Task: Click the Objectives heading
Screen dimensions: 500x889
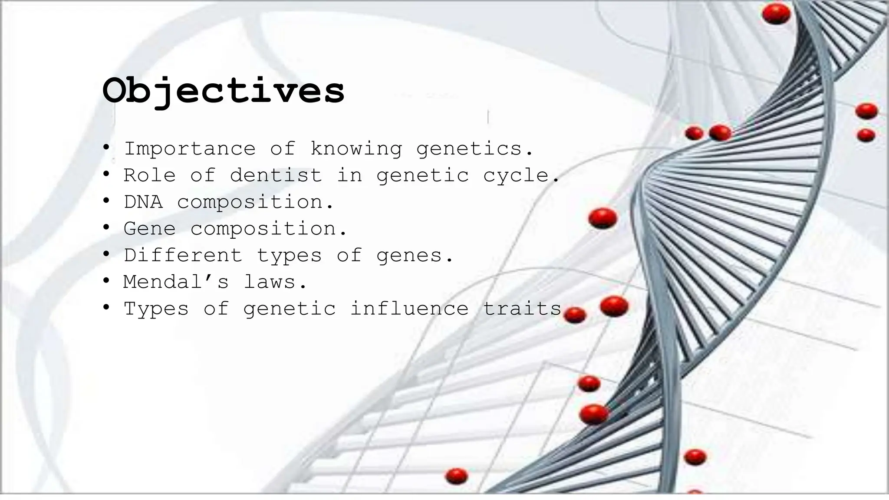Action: click(223, 91)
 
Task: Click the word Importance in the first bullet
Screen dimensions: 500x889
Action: click(190, 149)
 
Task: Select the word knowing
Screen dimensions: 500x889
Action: click(356, 149)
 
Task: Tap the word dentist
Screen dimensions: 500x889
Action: click(276, 175)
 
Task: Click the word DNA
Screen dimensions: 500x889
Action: click(143, 202)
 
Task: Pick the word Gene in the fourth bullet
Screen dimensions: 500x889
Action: click(150, 229)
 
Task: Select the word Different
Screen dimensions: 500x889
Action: click(183, 255)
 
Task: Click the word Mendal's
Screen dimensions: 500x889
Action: click(176, 282)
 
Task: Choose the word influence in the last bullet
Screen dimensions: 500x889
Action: click(409, 309)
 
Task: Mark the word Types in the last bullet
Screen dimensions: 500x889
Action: click(156, 309)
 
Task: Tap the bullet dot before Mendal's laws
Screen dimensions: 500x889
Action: click(106, 281)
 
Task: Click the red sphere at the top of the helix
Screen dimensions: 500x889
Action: click(776, 14)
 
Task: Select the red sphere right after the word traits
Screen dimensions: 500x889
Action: click(575, 315)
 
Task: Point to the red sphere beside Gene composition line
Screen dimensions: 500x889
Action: click(603, 218)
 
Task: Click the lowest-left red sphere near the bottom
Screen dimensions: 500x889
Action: click(456, 476)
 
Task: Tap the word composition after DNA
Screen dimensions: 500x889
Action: click(250, 203)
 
